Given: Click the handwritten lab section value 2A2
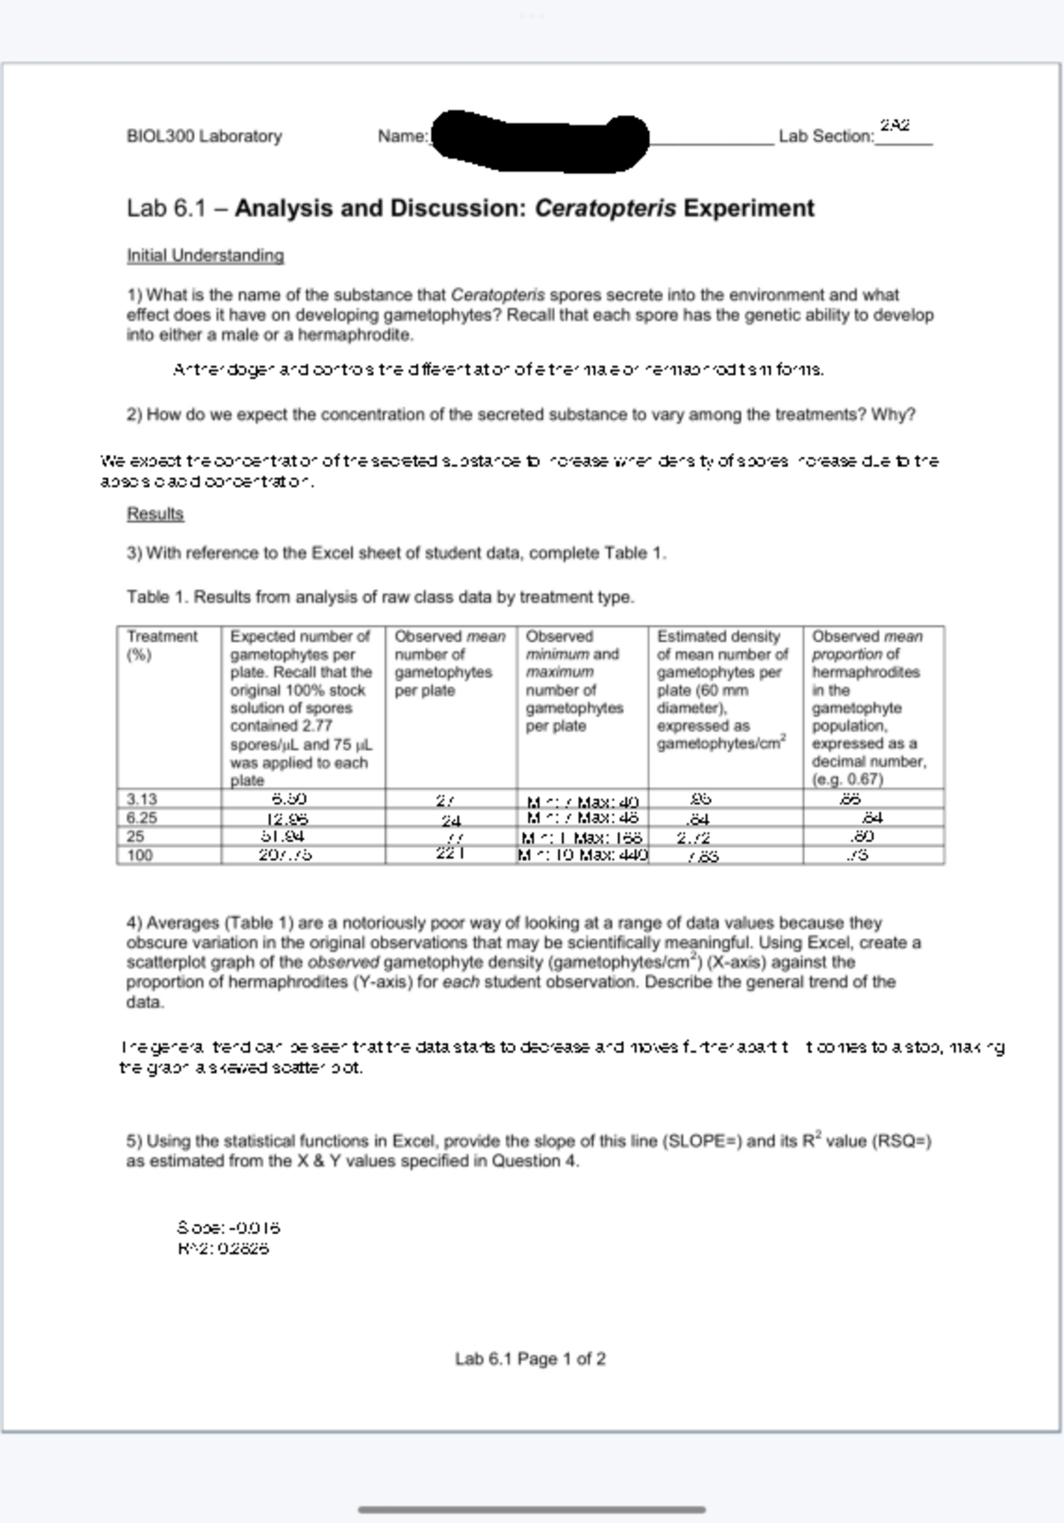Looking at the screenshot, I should [x=896, y=126].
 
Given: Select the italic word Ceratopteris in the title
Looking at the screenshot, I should [x=606, y=208].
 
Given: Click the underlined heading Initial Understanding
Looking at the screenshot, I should [x=205, y=255].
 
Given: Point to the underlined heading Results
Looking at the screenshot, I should [x=155, y=514].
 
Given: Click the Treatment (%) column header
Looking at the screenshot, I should [x=161, y=645].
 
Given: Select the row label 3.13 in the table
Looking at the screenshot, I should [x=142, y=799].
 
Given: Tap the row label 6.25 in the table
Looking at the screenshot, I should [x=142, y=817].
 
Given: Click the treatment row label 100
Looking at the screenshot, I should [x=140, y=855].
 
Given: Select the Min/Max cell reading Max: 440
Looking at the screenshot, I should [x=584, y=855].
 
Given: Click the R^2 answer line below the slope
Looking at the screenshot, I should [x=223, y=1249].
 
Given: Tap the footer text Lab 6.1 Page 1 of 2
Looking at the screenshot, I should [x=530, y=1359].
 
